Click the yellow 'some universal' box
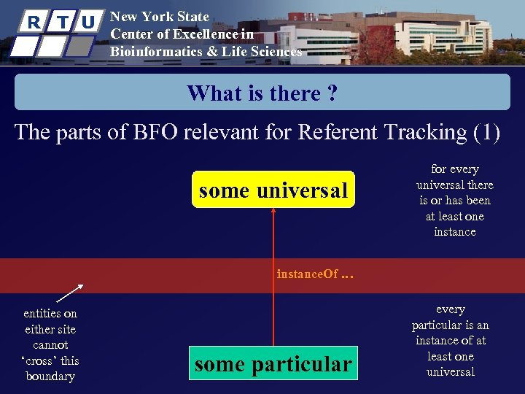(x=273, y=190)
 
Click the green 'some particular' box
(x=273, y=363)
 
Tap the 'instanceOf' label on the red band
(x=307, y=274)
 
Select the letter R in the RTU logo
(x=34, y=22)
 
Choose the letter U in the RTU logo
(x=87, y=22)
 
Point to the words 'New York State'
(x=159, y=16)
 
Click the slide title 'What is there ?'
(x=262, y=93)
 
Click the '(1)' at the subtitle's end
(x=486, y=132)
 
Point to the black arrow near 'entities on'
(x=70, y=293)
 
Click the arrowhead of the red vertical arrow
(x=273, y=211)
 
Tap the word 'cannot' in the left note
(x=50, y=344)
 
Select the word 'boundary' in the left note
(x=50, y=376)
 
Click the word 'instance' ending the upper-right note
(x=454, y=232)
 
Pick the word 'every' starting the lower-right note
(x=450, y=309)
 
